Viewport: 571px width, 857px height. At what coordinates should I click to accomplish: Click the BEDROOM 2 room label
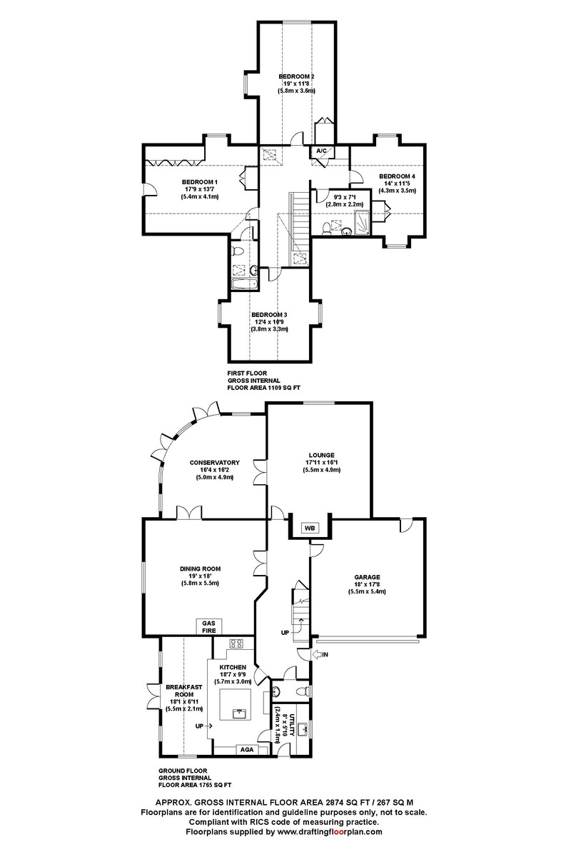[x=297, y=76]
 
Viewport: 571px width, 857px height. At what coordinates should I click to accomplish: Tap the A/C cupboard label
[x=321, y=151]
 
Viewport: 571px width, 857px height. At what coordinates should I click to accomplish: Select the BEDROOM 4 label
[x=397, y=176]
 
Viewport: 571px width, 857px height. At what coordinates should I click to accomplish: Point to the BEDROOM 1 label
[x=199, y=181]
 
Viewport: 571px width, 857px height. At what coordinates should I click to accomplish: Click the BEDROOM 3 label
[x=269, y=315]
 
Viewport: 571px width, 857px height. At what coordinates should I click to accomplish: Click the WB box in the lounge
[x=310, y=528]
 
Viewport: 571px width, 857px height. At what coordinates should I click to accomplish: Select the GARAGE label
[x=368, y=577]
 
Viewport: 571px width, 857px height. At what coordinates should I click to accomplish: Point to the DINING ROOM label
[x=200, y=568]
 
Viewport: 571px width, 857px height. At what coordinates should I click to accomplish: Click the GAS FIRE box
[x=210, y=626]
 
